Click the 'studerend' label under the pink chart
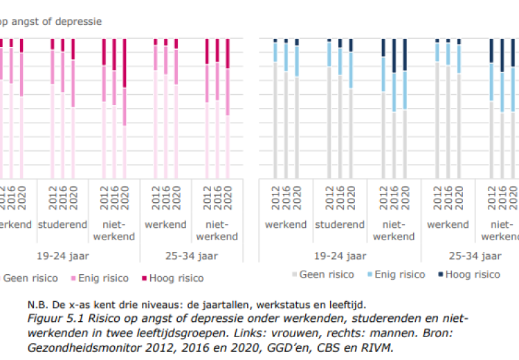tap(62, 224)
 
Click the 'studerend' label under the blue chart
tap(340, 224)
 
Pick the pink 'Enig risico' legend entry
tap(101, 278)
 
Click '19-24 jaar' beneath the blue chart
tap(340, 255)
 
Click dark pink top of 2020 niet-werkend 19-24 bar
tap(125, 62)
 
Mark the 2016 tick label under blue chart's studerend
tap(340, 198)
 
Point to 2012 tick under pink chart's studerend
tap(52, 198)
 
